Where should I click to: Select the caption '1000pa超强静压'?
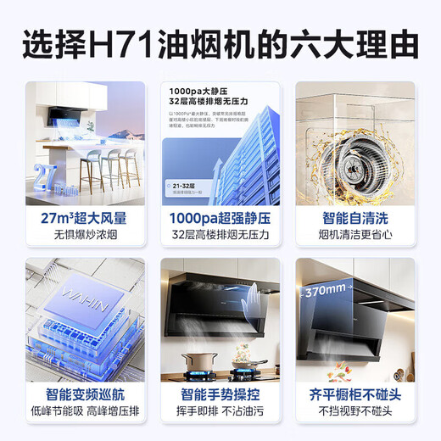click(x=220, y=218)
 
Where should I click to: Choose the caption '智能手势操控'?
click(x=220, y=395)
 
